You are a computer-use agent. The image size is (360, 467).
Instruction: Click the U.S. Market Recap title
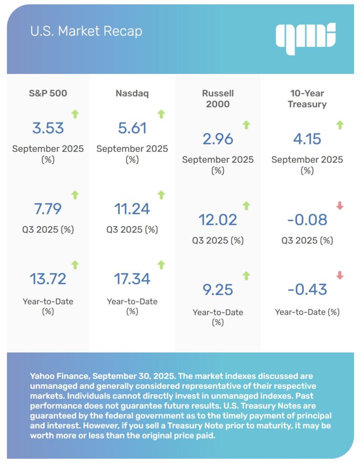pos(86,31)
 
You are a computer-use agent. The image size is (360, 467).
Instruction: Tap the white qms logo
pos(305,36)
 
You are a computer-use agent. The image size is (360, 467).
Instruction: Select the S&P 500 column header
pos(48,93)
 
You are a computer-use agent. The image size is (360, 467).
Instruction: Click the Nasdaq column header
pos(132,93)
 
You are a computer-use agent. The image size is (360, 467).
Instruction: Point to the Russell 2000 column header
pos(218,99)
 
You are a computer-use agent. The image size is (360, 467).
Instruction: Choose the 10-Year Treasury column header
pos(307,99)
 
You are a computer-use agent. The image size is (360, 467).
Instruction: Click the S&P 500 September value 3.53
pos(48,128)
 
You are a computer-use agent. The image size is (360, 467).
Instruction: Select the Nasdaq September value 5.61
pos(132,128)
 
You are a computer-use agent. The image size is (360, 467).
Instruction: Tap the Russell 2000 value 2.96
pos(218,139)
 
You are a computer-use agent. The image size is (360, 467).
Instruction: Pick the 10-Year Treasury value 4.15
pos(307,139)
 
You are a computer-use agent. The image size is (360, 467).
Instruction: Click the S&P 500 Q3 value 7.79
pos(48,209)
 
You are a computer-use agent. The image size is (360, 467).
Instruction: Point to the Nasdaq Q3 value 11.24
pos(132,209)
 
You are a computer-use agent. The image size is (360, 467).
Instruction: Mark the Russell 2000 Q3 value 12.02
pos(218,220)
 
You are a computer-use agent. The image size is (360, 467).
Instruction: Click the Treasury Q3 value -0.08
pos(307,220)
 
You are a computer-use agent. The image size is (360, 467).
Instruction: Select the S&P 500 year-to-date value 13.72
pos(48,279)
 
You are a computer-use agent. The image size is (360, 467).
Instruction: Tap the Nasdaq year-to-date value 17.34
pos(132,279)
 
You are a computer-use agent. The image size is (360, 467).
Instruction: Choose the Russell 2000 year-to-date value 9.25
pos(218,290)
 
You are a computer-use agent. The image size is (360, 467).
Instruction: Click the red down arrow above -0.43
pos(339,275)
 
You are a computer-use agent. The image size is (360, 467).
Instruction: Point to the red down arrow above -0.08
pos(339,206)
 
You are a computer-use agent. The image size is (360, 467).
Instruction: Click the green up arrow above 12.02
pos(247,206)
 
